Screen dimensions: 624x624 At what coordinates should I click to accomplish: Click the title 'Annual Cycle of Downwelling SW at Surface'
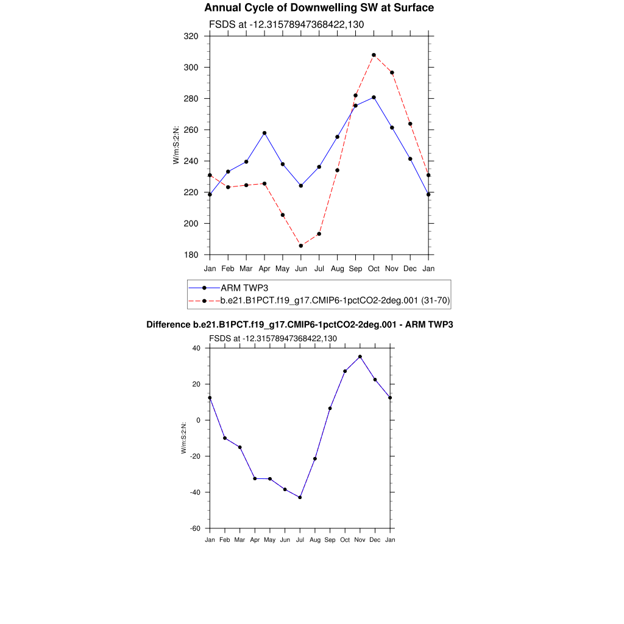[319, 8]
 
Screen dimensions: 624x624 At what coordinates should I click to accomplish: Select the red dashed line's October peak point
[374, 55]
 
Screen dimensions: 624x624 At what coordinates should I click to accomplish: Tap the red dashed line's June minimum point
[300, 246]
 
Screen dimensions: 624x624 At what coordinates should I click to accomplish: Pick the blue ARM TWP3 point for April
[264, 133]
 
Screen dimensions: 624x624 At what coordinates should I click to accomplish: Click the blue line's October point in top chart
[374, 97]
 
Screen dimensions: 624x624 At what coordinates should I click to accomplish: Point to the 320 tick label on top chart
[191, 36]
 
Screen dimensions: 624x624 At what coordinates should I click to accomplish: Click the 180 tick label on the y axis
[191, 255]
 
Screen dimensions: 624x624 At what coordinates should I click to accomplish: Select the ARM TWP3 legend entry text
[244, 288]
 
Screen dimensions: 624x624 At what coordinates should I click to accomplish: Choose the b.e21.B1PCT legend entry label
[335, 300]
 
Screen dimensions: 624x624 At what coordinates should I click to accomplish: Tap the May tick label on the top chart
[282, 269]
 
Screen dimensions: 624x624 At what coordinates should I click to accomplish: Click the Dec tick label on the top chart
[410, 269]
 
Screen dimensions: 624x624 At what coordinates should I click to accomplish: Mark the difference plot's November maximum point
[360, 356]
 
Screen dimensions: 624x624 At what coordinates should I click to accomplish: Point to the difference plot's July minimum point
[300, 497]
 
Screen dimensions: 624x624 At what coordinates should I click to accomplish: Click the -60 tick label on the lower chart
[196, 528]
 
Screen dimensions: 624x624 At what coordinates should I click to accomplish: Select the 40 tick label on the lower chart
[196, 348]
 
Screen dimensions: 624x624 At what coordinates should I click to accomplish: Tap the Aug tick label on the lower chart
[315, 540]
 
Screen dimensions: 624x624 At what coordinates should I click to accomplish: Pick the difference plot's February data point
[225, 438]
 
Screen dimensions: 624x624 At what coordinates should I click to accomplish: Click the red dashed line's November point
[392, 73]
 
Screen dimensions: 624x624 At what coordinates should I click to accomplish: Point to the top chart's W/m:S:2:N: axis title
[176, 145]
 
